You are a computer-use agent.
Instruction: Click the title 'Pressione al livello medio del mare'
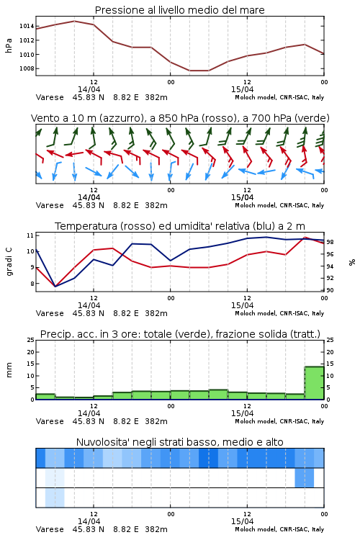179,10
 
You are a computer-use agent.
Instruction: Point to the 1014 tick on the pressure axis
27,26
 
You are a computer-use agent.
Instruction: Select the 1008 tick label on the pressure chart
27,68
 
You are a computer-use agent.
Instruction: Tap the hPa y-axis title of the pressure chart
9,45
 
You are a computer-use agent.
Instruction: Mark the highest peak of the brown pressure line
74,21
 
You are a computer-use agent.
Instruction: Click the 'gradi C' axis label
9,262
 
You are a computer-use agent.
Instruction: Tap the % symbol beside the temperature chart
352,262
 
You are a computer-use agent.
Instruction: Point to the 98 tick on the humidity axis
330,242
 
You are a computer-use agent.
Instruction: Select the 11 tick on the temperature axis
30,235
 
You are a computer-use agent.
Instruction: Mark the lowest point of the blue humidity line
55,286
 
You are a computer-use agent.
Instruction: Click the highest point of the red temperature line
305,238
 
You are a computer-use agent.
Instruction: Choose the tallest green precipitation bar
314,383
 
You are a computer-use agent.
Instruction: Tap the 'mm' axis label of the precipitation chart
9,370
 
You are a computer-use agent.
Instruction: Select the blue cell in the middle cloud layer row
305,477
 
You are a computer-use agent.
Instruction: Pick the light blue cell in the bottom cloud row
55,498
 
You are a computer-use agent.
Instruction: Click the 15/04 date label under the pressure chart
242,89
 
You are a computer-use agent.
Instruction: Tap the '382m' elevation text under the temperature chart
156,313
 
